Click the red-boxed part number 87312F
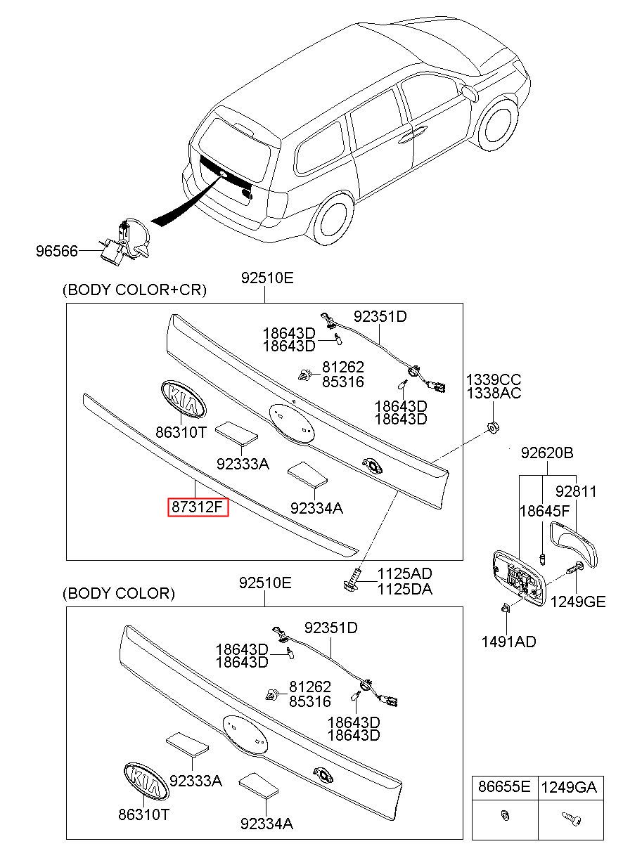(198, 507)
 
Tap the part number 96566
(57, 251)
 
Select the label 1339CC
(494, 379)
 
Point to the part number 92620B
(547, 453)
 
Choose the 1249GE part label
(578, 602)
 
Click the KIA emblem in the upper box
(183, 399)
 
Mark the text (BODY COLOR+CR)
(134, 290)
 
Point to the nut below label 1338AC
(493, 427)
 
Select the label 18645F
(545, 512)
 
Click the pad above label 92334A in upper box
(307, 474)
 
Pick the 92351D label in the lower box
(330, 628)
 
